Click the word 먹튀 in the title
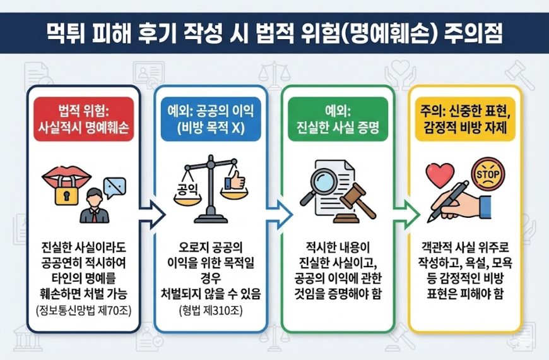tap(66, 33)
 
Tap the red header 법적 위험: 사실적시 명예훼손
tap(84, 119)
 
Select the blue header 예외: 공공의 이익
tap(211, 119)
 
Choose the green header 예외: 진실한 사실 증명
tap(338, 119)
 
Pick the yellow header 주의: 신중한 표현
tap(465, 119)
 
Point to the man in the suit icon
tap(95, 206)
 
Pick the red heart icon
tap(440, 175)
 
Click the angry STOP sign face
tap(488, 174)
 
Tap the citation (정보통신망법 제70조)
tap(84, 311)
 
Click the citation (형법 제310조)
tap(211, 311)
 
